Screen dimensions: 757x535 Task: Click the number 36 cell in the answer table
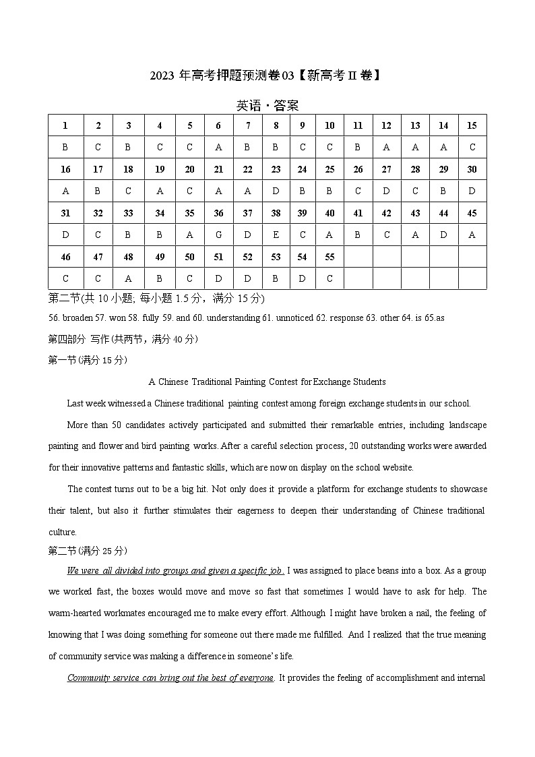point(218,213)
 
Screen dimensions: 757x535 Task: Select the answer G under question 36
point(218,235)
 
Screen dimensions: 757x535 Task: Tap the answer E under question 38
point(276,235)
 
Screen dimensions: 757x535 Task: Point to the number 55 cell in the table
point(329,257)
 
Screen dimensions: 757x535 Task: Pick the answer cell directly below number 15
point(472,147)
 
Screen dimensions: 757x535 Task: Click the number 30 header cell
point(472,169)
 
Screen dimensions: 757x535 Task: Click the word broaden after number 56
point(77,318)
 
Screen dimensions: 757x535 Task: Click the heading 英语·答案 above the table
point(267,106)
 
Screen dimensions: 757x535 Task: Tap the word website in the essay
point(396,467)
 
